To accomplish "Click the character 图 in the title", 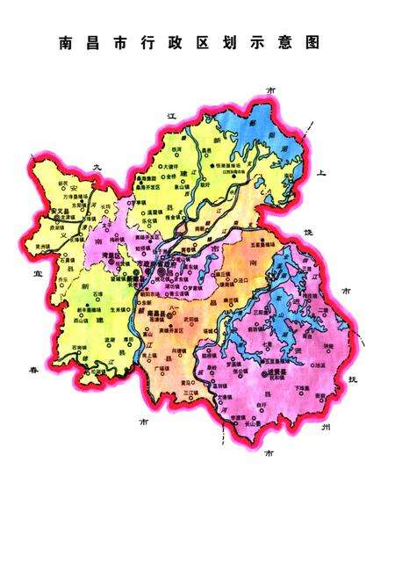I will point(314,41).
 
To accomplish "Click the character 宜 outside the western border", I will point(26,274).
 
